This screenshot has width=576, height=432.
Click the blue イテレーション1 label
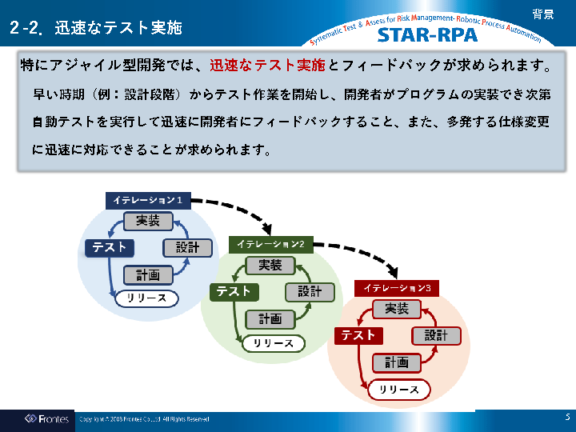click(148, 200)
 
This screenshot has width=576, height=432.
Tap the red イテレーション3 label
click(397, 287)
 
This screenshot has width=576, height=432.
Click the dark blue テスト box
click(109, 247)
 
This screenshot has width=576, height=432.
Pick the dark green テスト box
click(234, 291)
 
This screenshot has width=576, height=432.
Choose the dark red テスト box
click(358, 335)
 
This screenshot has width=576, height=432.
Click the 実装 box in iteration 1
click(148, 221)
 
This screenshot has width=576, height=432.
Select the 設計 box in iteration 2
click(310, 291)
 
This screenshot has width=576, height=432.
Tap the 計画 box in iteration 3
click(397, 362)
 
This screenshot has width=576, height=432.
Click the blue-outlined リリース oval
click(146, 298)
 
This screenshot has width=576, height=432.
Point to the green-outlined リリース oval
click(274, 343)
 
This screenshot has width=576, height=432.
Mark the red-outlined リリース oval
click(398, 390)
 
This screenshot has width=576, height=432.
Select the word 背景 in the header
click(543, 14)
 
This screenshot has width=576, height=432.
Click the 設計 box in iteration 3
click(436, 335)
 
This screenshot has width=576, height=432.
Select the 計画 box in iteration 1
click(148, 275)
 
